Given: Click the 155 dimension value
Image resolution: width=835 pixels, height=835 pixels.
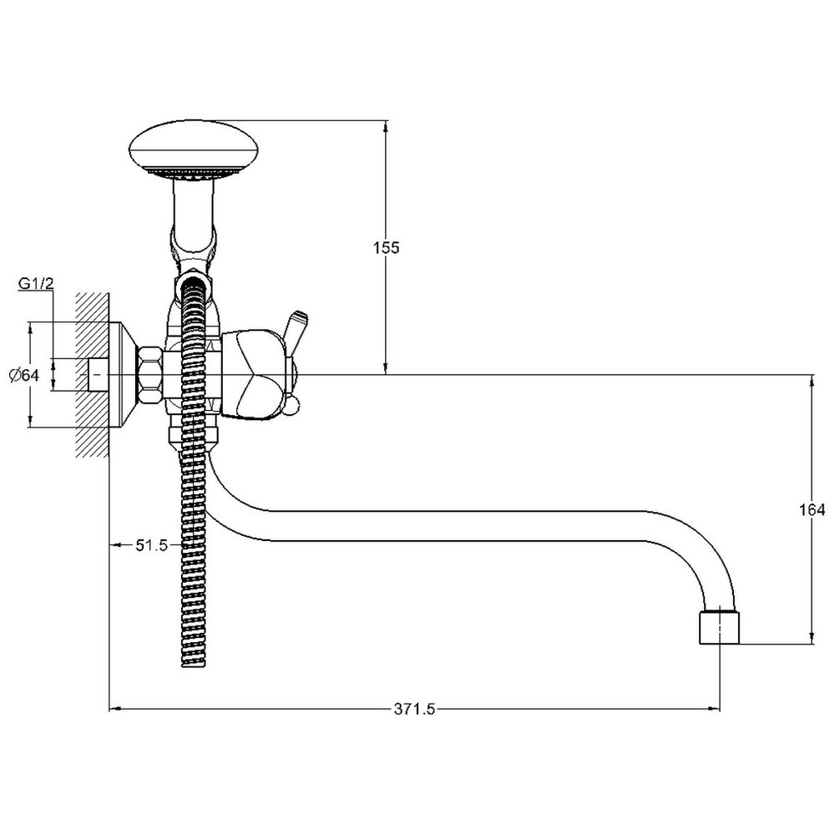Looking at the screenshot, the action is pyautogui.click(x=386, y=248).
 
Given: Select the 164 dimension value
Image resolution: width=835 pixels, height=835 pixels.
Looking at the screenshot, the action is pyautogui.click(x=812, y=509).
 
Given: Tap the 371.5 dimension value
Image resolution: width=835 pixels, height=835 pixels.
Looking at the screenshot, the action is pyautogui.click(x=415, y=709).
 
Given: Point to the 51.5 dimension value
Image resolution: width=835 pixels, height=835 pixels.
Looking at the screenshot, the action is pyautogui.click(x=152, y=544).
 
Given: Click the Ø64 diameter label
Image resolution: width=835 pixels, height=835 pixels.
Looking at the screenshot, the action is pyautogui.click(x=24, y=375).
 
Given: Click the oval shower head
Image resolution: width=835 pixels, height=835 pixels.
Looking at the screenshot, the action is pyautogui.click(x=194, y=150).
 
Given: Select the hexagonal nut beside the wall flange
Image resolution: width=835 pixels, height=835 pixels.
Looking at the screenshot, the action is pyautogui.click(x=150, y=375).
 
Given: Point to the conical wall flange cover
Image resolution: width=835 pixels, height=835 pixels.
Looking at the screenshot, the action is pyautogui.click(x=124, y=375).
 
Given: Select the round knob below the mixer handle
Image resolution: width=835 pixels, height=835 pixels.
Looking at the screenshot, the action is pyautogui.click(x=291, y=407).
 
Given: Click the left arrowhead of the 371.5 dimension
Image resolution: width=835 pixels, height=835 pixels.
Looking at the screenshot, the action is pyautogui.click(x=115, y=709).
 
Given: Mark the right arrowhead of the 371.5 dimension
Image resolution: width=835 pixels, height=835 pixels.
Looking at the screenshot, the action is pyautogui.click(x=714, y=709).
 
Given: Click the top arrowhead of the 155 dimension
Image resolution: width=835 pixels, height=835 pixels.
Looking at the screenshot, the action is pyautogui.click(x=386, y=126).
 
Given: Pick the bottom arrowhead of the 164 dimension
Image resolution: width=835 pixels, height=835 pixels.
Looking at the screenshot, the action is pyautogui.click(x=812, y=638).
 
